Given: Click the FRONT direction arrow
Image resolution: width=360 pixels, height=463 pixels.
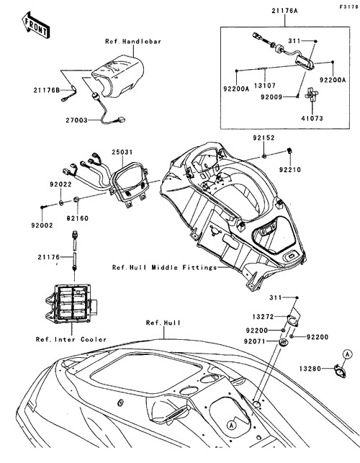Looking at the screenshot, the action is click(x=36, y=24).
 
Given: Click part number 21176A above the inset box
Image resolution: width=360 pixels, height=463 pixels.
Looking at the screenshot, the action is click(x=284, y=11).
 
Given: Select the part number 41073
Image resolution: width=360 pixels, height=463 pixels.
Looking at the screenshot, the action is click(x=312, y=118).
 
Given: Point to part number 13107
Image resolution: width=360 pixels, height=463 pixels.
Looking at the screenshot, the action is click(x=265, y=86).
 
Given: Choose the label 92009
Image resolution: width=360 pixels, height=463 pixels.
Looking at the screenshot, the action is click(x=271, y=97).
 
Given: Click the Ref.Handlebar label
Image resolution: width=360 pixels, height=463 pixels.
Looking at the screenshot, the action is click(x=133, y=41).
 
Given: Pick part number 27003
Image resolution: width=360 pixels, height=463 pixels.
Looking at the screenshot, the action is click(x=77, y=120).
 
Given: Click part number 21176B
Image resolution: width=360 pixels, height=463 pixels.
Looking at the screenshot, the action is click(x=46, y=90).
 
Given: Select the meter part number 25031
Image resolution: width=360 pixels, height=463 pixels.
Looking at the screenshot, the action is click(x=122, y=153).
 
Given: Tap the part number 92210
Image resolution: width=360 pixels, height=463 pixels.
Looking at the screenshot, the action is click(x=290, y=170).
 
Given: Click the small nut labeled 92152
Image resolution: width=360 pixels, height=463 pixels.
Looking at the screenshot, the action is click(x=264, y=156).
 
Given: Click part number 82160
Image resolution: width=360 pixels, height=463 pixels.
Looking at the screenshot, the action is click(x=77, y=218).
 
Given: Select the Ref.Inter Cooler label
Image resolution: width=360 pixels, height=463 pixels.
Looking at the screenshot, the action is click(x=71, y=340).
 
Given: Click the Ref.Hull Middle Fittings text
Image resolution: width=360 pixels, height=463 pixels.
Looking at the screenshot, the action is click(x=164, y=268).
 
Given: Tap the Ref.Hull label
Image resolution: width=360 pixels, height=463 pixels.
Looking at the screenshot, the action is click(x=163, y=323).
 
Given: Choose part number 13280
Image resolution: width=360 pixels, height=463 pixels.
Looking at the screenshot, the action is click(x=310, y=369).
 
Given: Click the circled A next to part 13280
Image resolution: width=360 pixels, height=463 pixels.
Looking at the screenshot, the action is click(x=348, y=354).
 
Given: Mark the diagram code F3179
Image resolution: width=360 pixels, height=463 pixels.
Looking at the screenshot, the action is click(x=348, y=6).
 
